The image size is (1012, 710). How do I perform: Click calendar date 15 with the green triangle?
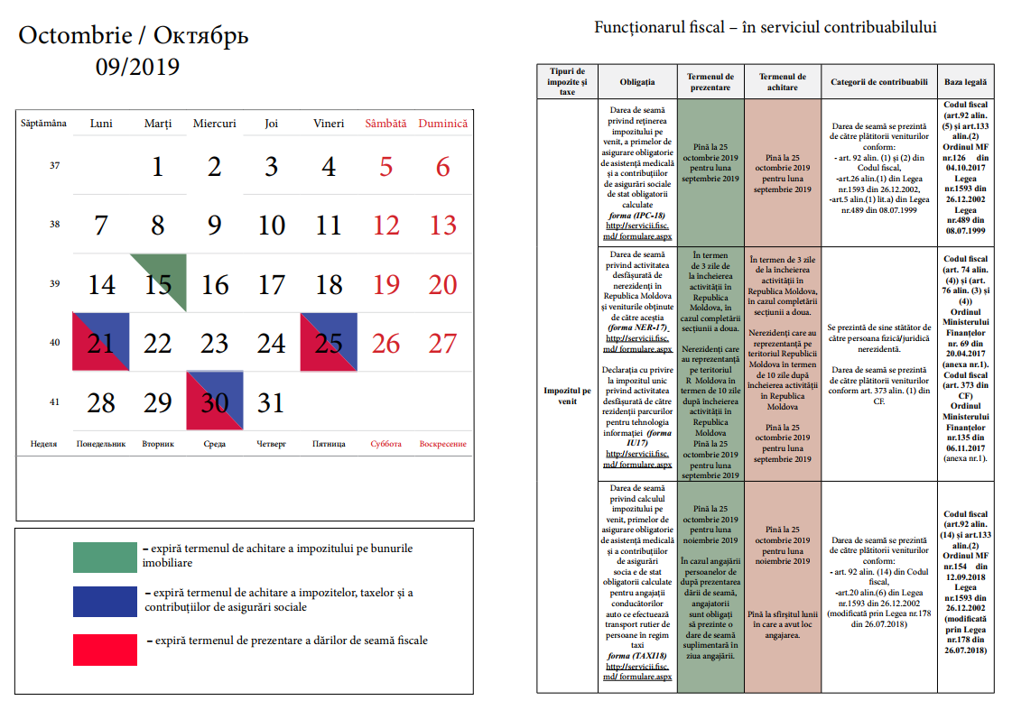click(158, 285)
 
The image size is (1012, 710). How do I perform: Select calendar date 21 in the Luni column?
click(101, 344)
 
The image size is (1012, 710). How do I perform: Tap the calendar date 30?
click(214, 402)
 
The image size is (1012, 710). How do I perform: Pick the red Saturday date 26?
click(385, 344)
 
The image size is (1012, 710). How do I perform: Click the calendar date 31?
click(271, 402)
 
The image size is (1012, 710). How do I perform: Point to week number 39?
click(54, 284)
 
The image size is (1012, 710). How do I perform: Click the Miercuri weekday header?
click(214, 124)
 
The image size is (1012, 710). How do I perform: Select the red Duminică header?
click(442, 124)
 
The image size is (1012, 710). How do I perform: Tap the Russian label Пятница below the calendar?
click(329, 444)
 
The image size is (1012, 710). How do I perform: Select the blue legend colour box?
click(104, 601)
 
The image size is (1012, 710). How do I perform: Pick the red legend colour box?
click(104, 649)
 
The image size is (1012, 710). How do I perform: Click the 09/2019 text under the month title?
click(137, 67)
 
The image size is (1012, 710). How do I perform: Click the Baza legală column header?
click(965, 82)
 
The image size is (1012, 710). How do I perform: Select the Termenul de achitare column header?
click(783, 82)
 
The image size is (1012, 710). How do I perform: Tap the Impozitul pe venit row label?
click(567, 396)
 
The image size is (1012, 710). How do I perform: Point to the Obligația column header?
click(637, 82)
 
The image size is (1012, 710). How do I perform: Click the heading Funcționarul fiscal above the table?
click(765, 27)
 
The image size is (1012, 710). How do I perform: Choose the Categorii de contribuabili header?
click(879, 82)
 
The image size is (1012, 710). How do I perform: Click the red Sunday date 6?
click(442, 167)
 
